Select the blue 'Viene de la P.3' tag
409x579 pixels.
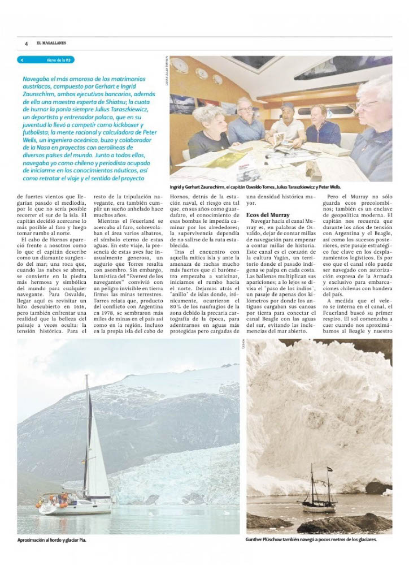46,59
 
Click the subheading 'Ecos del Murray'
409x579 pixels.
268,215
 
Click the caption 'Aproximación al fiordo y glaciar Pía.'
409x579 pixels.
52,540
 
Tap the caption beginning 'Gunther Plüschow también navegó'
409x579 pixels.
311,540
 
